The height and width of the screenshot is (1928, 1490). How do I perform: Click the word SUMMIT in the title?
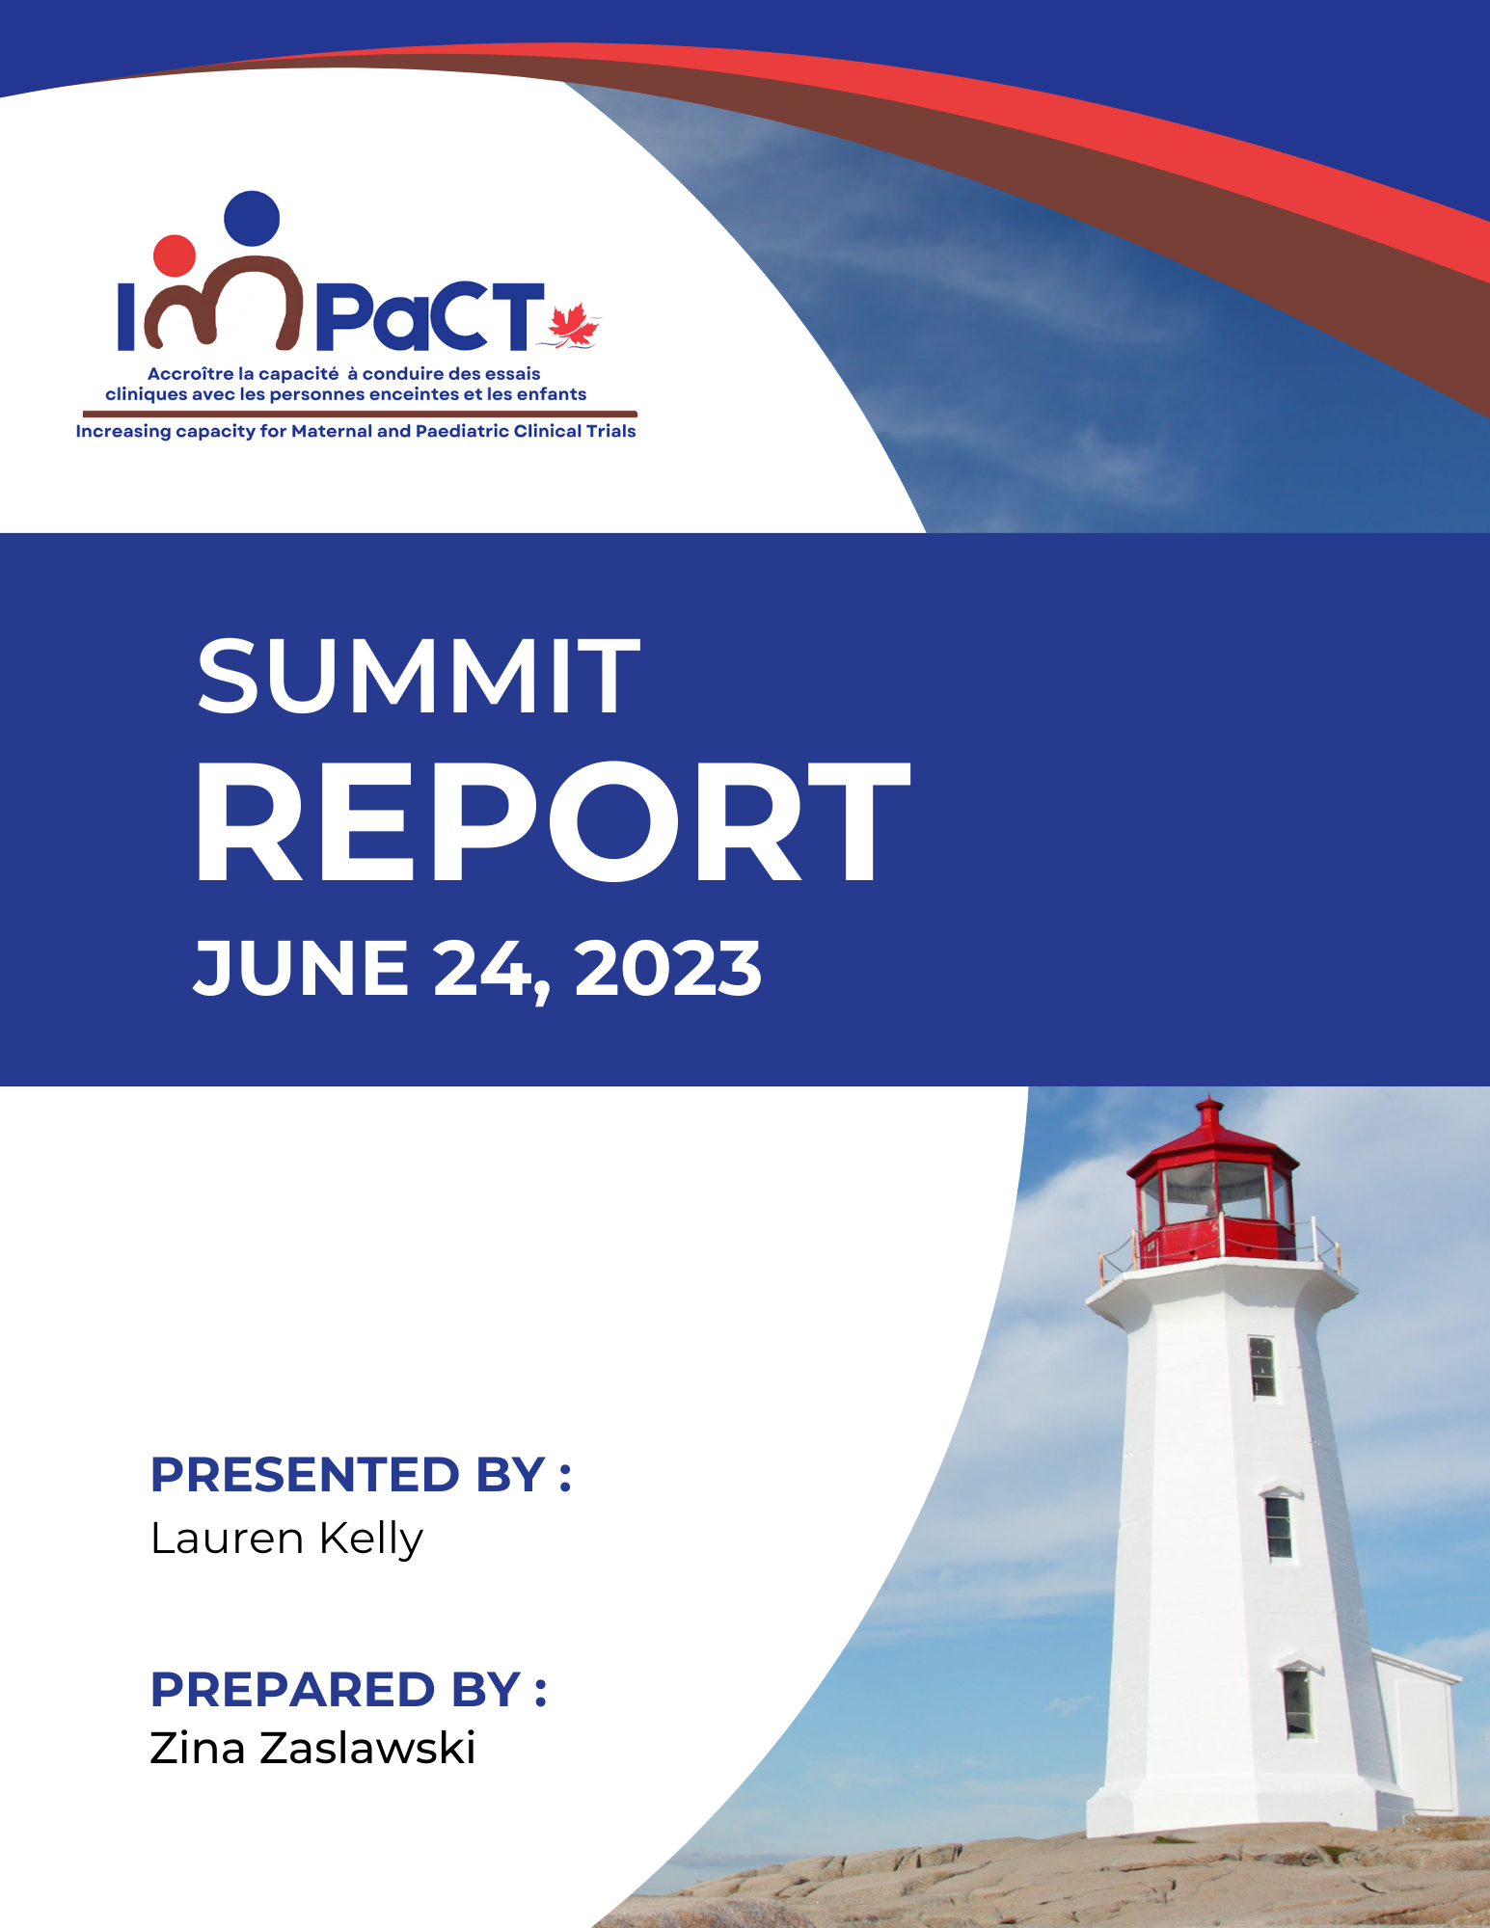pos(419,677)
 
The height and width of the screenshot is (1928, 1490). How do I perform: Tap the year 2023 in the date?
pos(667,969)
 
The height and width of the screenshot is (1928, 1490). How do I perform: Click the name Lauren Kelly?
pos(286,1539)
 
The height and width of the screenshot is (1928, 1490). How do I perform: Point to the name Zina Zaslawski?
pos(312,1748)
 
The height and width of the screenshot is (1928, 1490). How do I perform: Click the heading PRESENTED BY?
pos(361,1475)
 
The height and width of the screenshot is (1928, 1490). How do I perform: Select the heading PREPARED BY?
pos(348,1689)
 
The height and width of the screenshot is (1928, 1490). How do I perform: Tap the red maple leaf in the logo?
pos(574,325)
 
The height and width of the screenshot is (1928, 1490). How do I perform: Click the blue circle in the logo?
pos(252,219)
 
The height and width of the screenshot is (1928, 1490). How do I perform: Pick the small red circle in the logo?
pos(175,255)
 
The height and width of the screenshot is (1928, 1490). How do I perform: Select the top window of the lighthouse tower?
pos(1261,1367)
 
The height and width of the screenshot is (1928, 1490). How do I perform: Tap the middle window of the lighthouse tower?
pos(1279,1526)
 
